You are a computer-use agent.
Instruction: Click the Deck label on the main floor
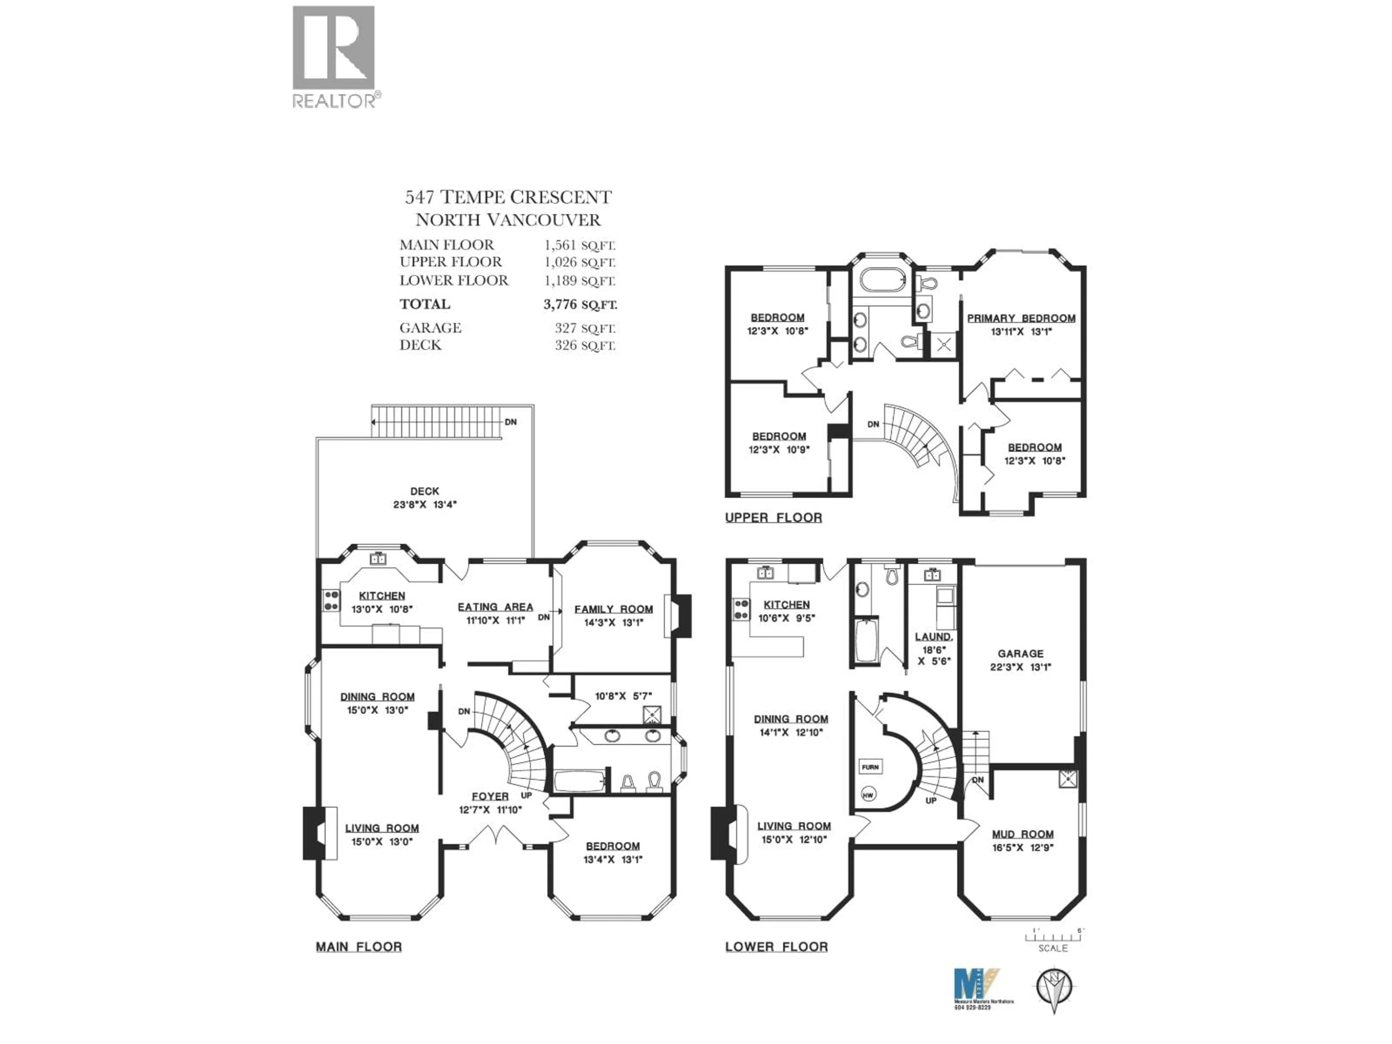tap(425, 491)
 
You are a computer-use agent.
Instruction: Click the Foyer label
tap(490, 796)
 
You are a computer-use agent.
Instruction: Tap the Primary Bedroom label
tap(1021, 318)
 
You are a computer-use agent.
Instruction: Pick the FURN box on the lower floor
tap(870, 767)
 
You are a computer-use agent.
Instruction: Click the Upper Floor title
tap(774, 518)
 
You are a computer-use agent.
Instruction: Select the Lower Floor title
tap(776, 947)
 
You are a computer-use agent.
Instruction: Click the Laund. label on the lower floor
tap(933, 637)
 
